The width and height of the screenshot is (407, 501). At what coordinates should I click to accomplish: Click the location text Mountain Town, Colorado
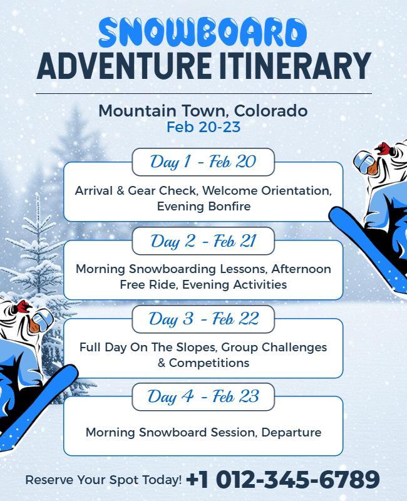[203, 111]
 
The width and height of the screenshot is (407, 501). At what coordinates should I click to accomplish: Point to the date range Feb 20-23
[203, 127]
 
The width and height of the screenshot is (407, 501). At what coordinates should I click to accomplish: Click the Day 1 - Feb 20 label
[203, 162]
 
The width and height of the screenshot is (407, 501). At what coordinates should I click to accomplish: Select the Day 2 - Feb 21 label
[203, 240]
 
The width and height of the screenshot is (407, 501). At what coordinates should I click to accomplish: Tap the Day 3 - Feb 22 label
[203, 319]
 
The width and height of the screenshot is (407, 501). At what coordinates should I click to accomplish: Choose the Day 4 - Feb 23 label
[203, 396]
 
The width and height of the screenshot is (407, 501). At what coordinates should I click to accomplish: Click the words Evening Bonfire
[203, 206]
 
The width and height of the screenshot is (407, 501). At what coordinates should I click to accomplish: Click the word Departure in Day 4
[291, 432]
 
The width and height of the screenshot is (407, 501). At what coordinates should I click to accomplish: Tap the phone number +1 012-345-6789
[283, 480]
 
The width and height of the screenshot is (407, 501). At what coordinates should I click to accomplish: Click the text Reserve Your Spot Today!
[103, 480]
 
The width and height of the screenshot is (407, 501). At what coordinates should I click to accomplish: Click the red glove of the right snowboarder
[383, 150]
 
